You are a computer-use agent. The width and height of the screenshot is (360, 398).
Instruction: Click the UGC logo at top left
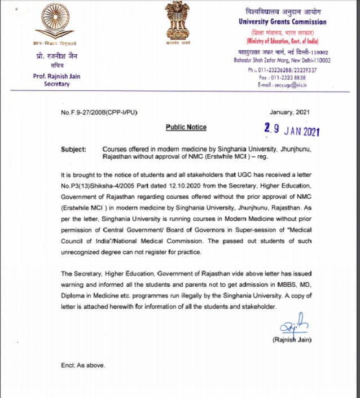coord(55,21)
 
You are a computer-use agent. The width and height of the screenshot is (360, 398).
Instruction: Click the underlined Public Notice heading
coord(186,127)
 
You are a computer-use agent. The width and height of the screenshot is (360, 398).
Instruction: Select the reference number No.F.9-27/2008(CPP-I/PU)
coord(99,112)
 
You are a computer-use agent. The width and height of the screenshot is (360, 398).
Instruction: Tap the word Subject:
coord(73,149)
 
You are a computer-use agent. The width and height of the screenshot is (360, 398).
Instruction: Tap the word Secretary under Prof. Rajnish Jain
coord(56,84)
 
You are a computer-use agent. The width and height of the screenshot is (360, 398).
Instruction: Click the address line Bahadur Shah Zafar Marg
coord(276,60)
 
